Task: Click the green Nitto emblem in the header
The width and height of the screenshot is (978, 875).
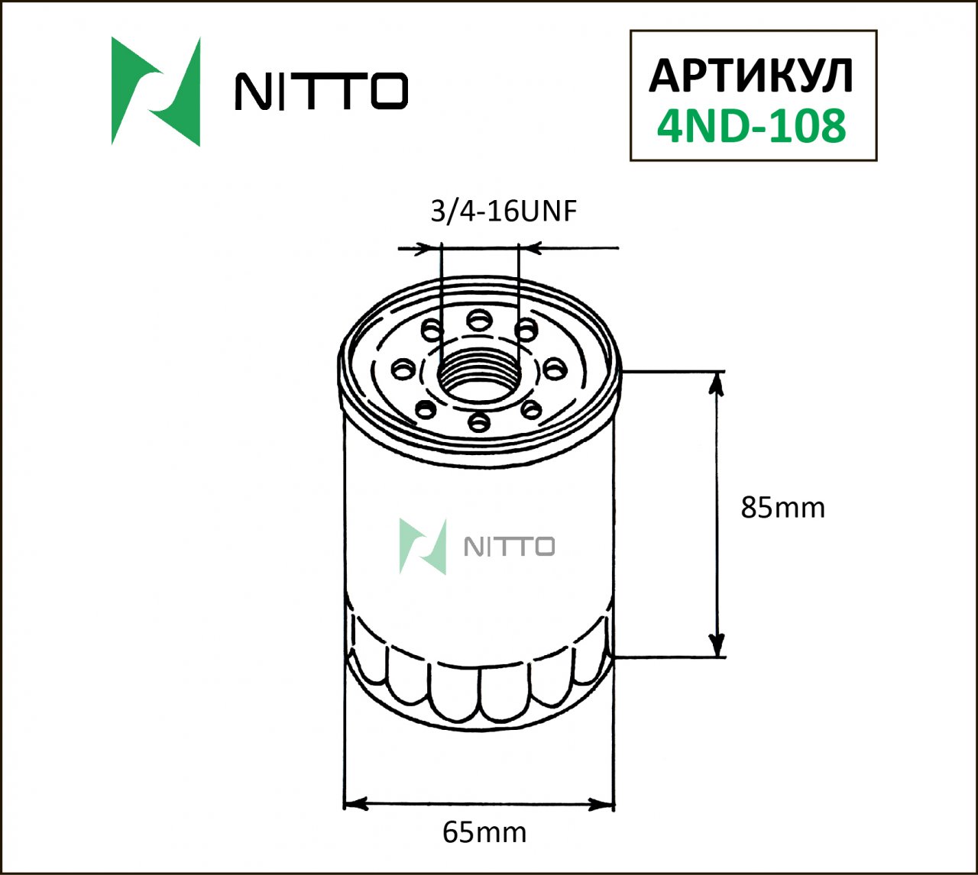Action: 156,91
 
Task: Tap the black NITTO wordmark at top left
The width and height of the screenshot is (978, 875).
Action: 321,92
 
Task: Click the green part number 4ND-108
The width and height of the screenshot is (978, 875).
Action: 752,126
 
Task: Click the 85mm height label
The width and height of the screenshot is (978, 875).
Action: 783,507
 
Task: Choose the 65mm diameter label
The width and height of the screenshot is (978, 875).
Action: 484,831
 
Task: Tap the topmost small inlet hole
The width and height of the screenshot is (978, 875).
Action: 479,318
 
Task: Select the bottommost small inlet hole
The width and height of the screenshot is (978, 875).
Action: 479,421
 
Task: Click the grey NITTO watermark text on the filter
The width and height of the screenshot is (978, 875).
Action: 510,547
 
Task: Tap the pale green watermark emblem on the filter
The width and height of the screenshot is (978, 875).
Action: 423,546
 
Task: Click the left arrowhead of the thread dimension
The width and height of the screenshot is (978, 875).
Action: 431,248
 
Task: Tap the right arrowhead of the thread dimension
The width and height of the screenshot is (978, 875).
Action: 529,248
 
